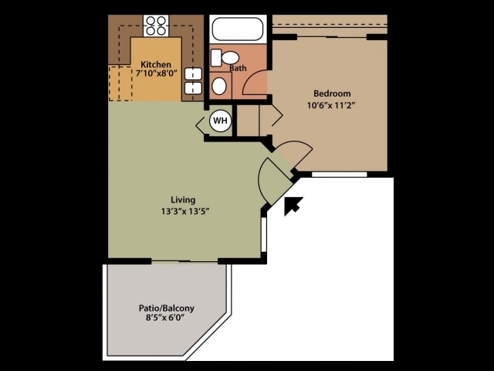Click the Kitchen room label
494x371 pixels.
coord(155,63)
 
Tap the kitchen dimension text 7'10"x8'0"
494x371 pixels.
coord(156,73)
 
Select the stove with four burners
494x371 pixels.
coord(156,26)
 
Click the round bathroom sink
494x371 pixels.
coord(219,85)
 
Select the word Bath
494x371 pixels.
coord(238,68)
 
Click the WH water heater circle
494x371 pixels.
coord(220,121)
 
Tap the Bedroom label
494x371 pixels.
coord(332,94)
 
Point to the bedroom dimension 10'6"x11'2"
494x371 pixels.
coord(332,105)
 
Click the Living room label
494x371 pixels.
coord(183,199)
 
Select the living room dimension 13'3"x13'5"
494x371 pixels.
coord(185,210)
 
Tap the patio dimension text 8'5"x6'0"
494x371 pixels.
coord(165,318)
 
